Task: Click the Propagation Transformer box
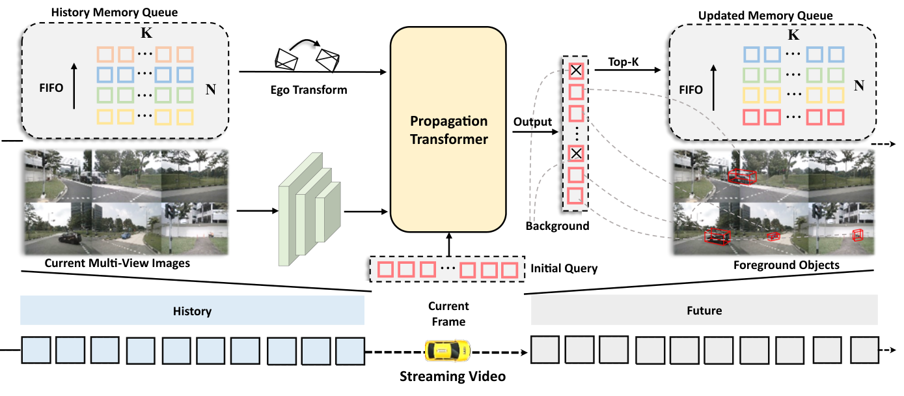[448, 130]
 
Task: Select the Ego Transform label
[308, 90]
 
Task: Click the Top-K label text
[623, 62]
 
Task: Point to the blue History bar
[192, 311]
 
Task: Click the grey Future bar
[704, 310]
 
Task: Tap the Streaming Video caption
[452, 376]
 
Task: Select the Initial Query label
[564, 268]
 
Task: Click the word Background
[557, 225]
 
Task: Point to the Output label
[532, 122]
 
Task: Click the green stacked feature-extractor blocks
[310, 210]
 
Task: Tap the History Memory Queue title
[114, 12]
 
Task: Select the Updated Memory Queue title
[765, 16]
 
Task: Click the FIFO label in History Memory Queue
[51, 88]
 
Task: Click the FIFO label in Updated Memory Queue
[691, 90]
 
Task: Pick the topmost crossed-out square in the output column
[576, 70]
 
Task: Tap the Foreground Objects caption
[786, 265]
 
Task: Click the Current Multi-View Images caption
[117, 263]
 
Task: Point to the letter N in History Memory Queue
[211, 89]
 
